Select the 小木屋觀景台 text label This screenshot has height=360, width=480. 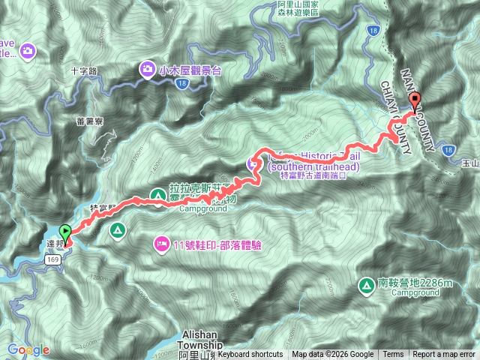[190, 70]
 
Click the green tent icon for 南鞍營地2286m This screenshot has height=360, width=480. [367, 285]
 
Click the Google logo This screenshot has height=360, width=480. [28, 349]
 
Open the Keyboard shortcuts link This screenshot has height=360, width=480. [250, 355]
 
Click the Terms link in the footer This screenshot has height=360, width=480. [393, 355]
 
